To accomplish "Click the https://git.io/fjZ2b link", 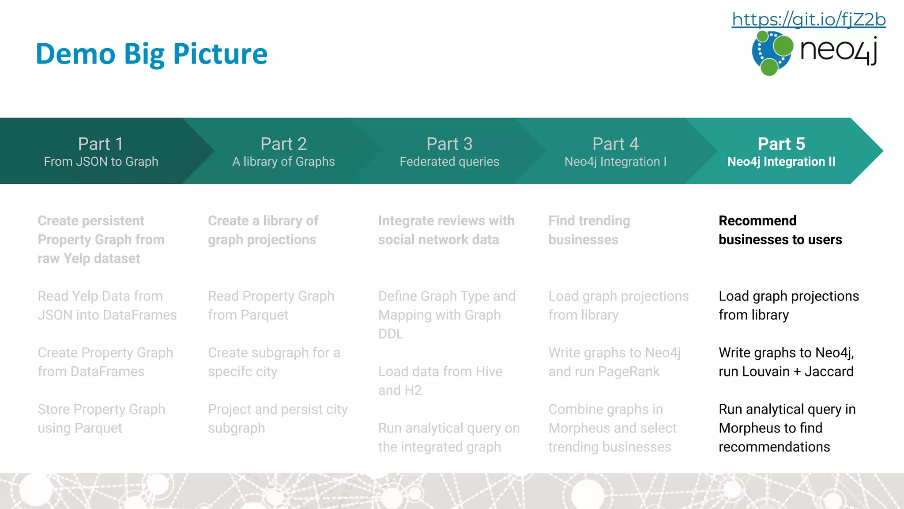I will tap(809, 19).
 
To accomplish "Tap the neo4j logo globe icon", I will tap(772, 53).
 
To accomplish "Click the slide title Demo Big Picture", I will tap(151, 54).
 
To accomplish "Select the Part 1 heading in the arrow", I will tap(101, 144).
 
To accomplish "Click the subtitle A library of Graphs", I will tap(283, 162).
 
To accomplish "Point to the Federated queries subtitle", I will tap(449, 162).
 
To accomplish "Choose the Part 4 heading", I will tap(615, 144).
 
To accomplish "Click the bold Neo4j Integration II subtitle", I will tap(781, 162).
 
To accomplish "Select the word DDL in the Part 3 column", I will tap(391, 334).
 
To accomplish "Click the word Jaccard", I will tap(829, 372).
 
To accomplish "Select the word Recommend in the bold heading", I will tap(757, 220).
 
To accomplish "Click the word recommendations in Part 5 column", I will tap(774, 447).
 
